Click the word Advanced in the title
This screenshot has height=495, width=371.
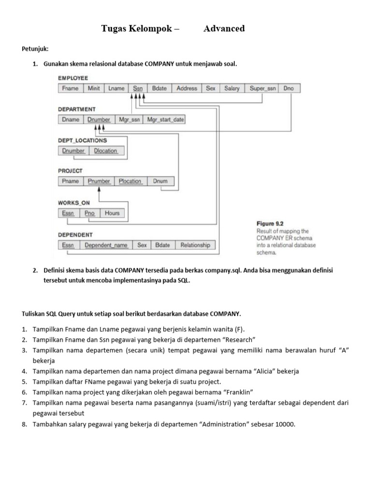pyautogui.click(x=224, y=29)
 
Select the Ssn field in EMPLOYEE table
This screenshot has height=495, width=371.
pyautogui.click(x=138, y=88)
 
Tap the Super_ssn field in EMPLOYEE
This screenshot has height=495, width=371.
pyautogui.click(x=263, y=88)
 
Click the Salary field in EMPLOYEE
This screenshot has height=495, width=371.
pyautogui.click(x=232, y=88)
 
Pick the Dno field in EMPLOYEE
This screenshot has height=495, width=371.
pyautogui.click(x=288, y=88)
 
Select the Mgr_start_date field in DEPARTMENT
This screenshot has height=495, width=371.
pyautogui.click(x=165, y=119)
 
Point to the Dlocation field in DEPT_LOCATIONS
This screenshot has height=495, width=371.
pyautogui.click(x=106, y=151)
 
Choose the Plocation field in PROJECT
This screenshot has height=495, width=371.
pyautogui.click(x=130, y=181)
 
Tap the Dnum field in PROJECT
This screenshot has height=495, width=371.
pyautogui.click(x=160, y=181)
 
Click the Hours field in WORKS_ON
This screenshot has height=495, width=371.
pyautogui.click(x=112, y=213)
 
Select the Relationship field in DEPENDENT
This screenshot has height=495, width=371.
pyautogui.click(x=195, y=245)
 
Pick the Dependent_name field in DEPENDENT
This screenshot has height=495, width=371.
pyautogui.click(x=106, y=245)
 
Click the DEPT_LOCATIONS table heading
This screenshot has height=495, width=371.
pyautogui.click(x=83, y=141)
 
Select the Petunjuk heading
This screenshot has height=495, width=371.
pyautogui.click(x=35, y=49)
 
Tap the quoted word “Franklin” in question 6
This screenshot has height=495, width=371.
pyautogui.click(x=237, y=392)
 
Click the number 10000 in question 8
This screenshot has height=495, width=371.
pyautogui.click(x=285, y=425)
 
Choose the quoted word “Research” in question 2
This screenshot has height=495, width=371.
pyautogui.click(x=239, y=340)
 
